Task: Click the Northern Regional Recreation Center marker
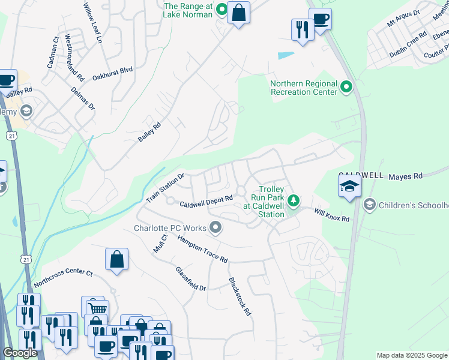coord(346,88)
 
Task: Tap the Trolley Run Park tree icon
coord(294,200)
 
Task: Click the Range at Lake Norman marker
coord(221,9)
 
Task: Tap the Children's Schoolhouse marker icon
coord(369,205)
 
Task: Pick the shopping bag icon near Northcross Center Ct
coord(117,259)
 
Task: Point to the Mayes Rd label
coord(406,176)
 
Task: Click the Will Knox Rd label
coord(331,214)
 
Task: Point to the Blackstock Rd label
coord(239,296)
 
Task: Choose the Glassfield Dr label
coord(190,279)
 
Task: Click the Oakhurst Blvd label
coord(112,71)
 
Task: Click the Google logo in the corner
coord(19,353)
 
